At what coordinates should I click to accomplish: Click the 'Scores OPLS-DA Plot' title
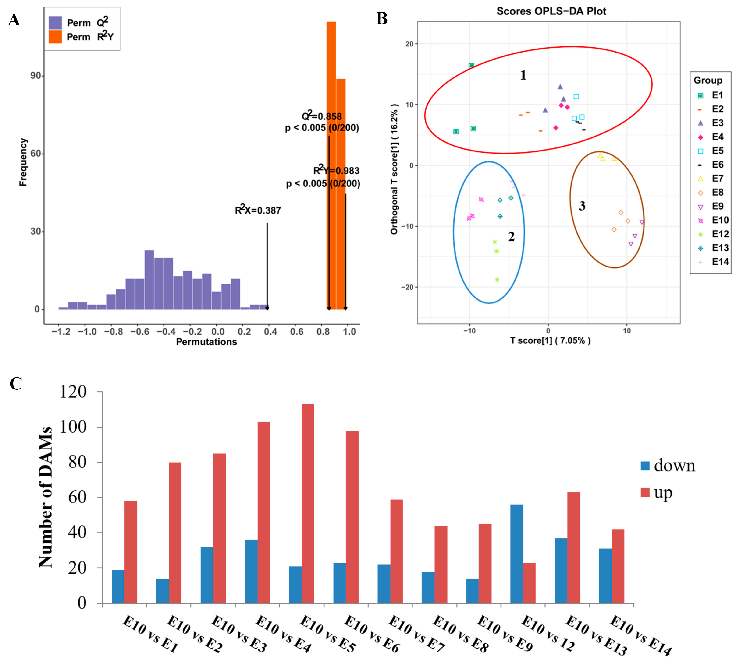[x=551, y=11]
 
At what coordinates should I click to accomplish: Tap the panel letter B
[x=382, y=19]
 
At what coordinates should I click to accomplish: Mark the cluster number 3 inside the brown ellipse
[x=582, y=206]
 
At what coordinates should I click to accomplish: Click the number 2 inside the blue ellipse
[x=511, y=237]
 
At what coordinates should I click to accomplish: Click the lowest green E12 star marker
[x=497, y=280]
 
